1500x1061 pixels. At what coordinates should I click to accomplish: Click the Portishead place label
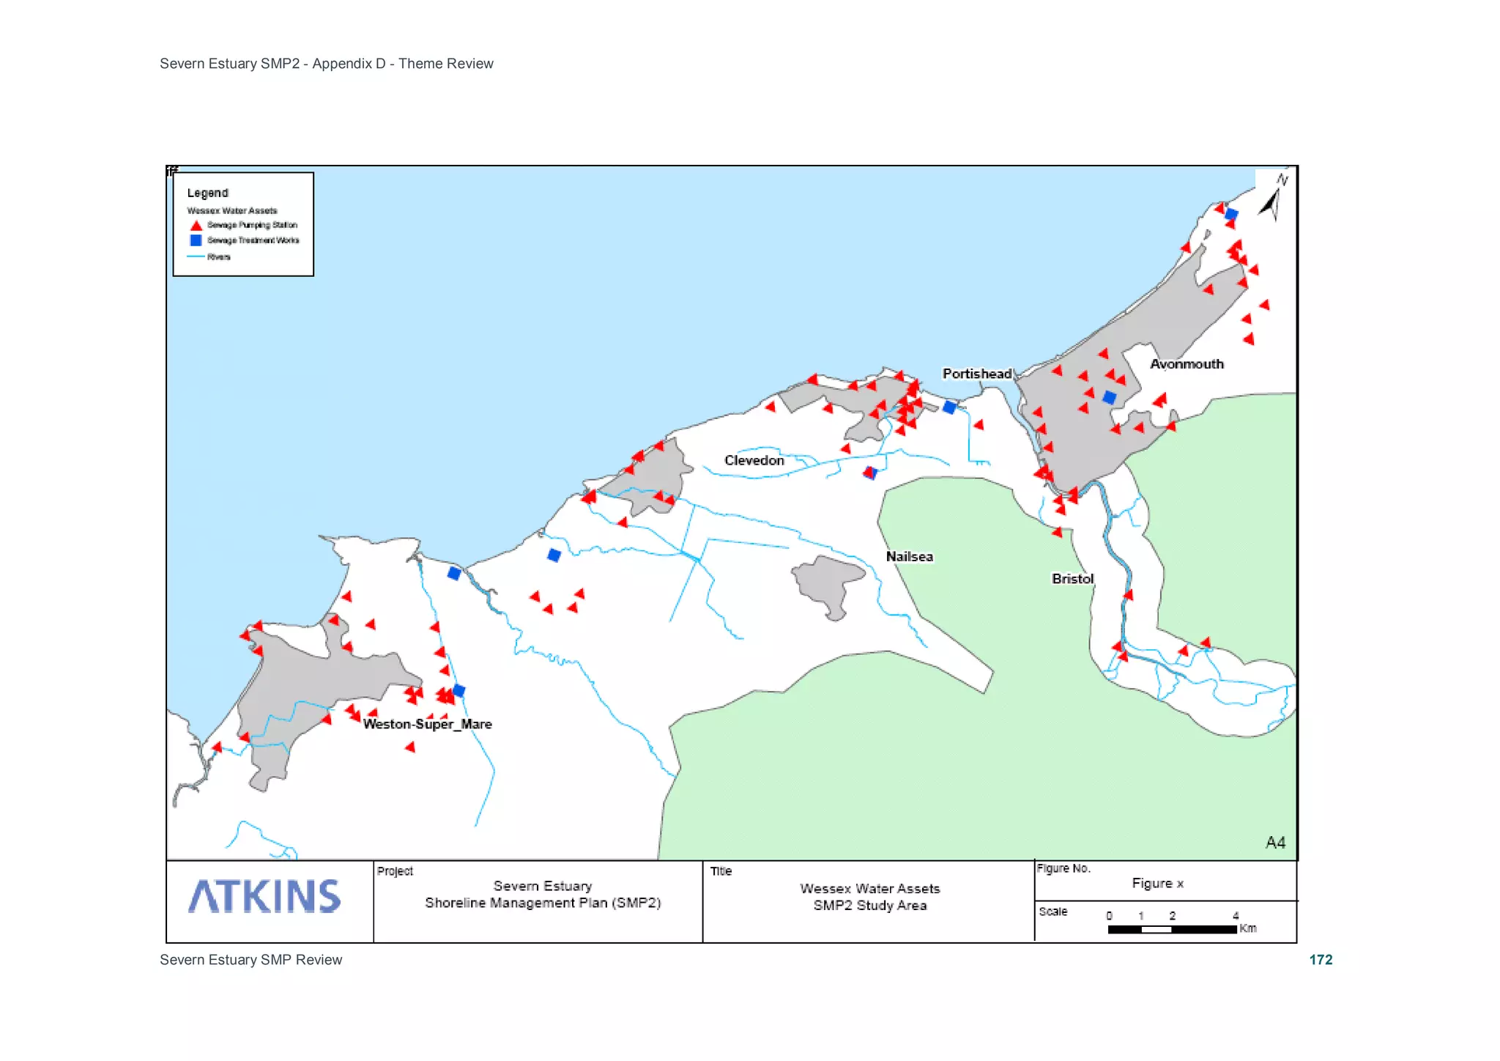[976, 374]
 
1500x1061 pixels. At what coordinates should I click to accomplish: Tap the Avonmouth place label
[1187, 364]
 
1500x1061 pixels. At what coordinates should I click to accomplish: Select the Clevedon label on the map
[754, 460]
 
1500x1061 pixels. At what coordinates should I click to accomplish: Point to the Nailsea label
[909, 556]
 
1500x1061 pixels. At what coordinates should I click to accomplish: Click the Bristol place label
[1072, 578]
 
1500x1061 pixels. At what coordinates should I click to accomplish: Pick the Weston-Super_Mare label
[427, 724]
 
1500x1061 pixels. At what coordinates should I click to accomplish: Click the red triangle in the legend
[196, 226]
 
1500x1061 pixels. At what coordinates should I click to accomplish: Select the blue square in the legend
[196, 240]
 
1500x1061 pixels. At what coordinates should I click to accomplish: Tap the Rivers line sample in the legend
[196, 256]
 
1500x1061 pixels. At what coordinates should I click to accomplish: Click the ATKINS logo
[264, 896]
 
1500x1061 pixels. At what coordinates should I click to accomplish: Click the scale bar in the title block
[1172, 929]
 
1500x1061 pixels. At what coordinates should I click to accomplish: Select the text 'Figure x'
[1157, 883]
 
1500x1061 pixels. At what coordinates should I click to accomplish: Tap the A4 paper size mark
[1275, 843]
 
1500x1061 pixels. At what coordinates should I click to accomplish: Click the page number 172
[1321, 960]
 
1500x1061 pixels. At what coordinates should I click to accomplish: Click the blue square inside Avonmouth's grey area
[1110, 398]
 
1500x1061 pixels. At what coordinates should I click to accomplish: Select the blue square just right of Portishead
[949, 407]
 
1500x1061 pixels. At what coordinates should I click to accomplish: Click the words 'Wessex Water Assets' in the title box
[869, 888]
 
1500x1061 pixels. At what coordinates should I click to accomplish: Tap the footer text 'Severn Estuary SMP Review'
[250, 960]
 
